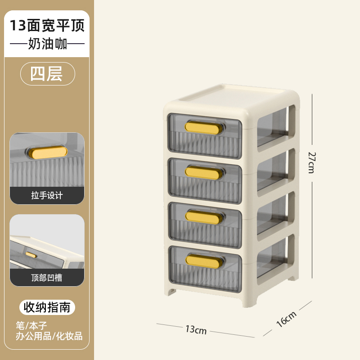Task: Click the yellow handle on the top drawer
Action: [x=204, y=128]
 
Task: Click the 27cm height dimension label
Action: [x=311, y=162]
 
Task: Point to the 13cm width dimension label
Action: [x=196, y=330]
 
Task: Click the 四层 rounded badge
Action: [x=47, y=73]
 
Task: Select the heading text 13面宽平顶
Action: [x=47, y=25]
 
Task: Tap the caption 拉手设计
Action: [x=47, y=195]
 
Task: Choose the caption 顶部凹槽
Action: [x=47, y=278]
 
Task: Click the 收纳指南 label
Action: [x=47, y=307]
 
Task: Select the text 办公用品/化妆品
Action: [x=49, y=336]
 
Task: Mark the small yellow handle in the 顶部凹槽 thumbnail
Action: [x=31, y=254]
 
